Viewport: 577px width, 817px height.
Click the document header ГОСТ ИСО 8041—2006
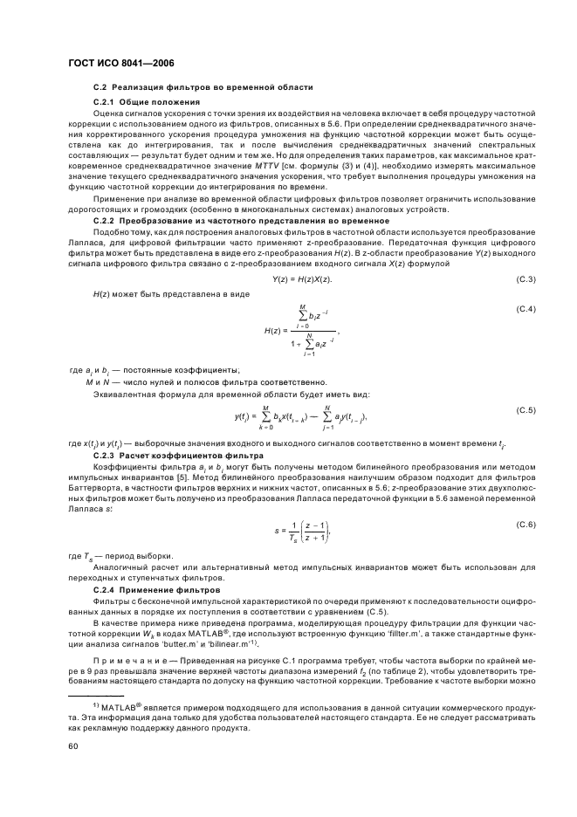(115, 64)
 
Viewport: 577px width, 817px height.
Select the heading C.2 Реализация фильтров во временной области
(203, 88)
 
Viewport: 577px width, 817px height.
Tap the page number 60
(73, 746)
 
